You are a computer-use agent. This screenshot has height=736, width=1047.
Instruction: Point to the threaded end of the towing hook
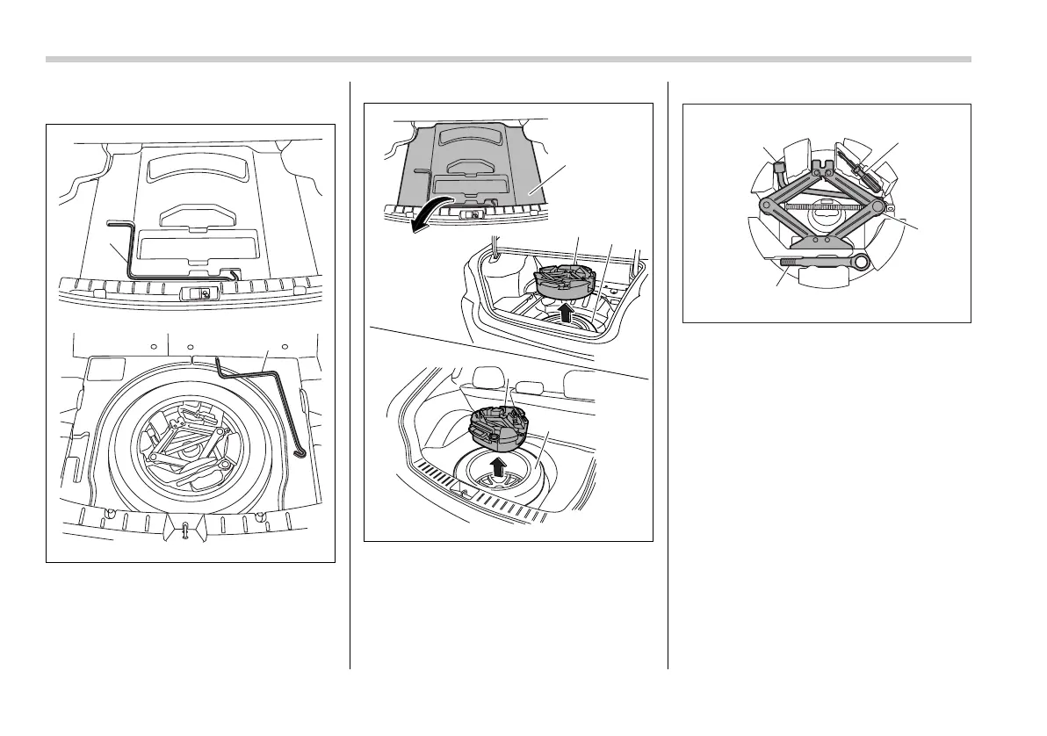coord(787,260)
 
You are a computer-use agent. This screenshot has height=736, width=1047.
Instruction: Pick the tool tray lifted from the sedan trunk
coord(562,278)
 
